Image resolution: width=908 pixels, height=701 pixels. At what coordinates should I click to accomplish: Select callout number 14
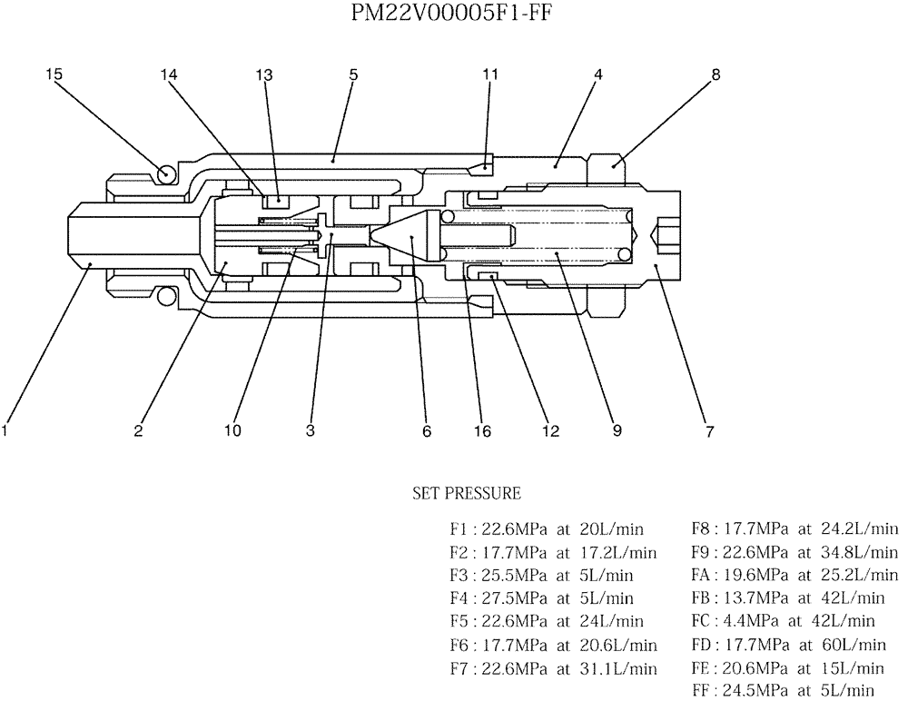(169, 75)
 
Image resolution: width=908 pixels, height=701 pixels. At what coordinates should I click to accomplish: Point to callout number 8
(716, 75)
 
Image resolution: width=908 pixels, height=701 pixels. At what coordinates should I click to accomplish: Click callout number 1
(5, 431)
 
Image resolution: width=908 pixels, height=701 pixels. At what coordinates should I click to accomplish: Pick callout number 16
(482, 431)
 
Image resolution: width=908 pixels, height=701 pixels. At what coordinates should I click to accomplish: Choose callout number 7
(709, 431)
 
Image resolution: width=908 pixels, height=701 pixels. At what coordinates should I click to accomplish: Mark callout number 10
(233, 431)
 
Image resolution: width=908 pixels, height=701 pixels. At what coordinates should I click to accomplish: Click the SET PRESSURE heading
(467, 494)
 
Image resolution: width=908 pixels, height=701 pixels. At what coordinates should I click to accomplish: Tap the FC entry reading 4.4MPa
(783, 622)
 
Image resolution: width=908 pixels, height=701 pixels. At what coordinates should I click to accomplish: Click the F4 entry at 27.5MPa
(541, 598)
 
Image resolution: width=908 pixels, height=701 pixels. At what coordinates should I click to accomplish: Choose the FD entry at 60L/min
(788, 646)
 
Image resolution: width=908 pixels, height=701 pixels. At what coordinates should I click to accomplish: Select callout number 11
(490, 75)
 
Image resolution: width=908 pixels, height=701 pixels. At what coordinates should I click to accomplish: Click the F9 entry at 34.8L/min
(794, 552)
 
